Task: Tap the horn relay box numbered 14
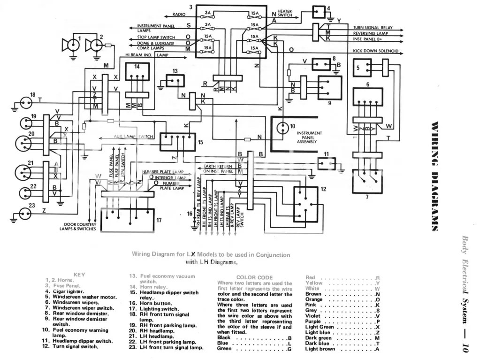pos(137,73)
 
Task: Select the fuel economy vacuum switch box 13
pos(175,80)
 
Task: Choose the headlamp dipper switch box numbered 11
pos(327,163)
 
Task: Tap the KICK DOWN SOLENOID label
pos(375,51)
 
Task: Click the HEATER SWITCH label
pos(285,13)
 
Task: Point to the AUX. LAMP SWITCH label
pos(133,137)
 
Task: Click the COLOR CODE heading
pos(254,277)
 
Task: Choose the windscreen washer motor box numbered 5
pos(362,68)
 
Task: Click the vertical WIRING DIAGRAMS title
pos(435,176)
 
